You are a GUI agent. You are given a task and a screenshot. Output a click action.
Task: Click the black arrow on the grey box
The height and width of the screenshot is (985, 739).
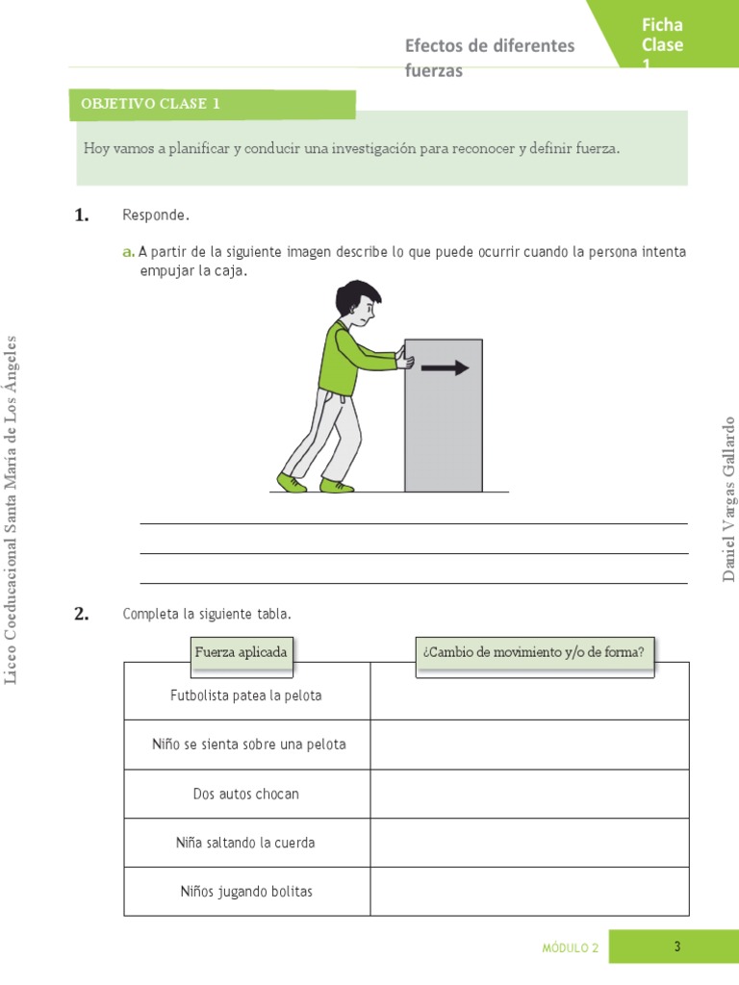point(446,367)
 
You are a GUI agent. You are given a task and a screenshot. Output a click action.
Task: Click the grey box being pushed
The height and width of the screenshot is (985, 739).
point(444,423)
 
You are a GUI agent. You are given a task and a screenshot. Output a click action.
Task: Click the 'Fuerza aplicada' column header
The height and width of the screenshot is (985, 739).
point(241,652)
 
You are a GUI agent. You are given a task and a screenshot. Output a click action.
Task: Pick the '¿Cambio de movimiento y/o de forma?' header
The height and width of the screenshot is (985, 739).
point(533,652)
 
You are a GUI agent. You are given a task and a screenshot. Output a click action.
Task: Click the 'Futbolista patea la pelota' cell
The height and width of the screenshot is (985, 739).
point(246,695)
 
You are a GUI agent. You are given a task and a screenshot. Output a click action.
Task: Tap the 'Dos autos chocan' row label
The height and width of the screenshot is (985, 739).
point(246,794)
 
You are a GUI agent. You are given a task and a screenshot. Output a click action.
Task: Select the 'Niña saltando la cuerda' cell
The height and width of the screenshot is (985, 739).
point(246,843)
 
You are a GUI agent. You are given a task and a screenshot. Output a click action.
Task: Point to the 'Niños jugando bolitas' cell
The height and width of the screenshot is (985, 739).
point(246,892)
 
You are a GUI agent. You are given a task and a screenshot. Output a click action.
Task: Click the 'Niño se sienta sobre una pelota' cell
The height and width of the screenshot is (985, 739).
point(248,745)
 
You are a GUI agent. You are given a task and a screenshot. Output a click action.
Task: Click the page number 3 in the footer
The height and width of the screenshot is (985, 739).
point(677,947)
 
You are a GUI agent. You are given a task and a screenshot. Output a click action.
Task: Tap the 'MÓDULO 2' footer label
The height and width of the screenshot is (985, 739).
point(570,947)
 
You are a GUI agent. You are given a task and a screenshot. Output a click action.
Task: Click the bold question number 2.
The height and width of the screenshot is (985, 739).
point(82,615)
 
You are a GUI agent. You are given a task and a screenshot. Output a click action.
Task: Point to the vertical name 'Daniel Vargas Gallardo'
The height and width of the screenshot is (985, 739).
point(728,498)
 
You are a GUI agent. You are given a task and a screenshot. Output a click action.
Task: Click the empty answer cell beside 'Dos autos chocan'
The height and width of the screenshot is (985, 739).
point(529,794)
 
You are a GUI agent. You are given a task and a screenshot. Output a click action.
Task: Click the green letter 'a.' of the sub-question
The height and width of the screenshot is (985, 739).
point(128,252)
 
